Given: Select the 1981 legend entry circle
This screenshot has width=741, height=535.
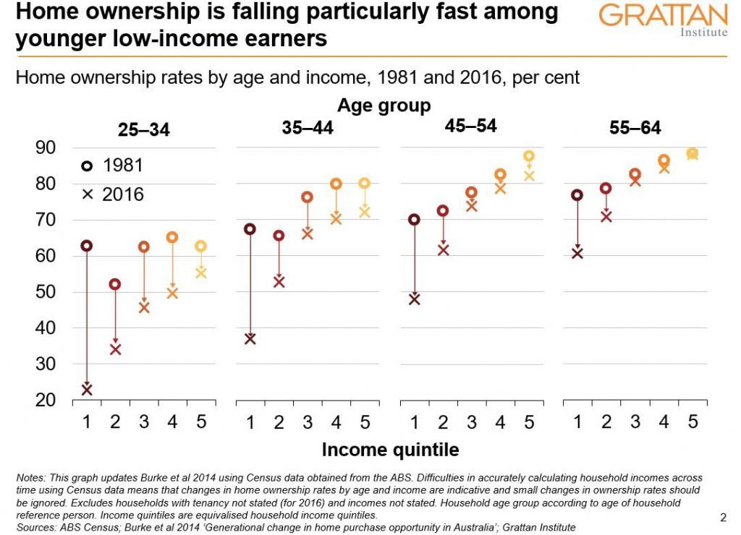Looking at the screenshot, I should pyautogui.click(x=87, y=166).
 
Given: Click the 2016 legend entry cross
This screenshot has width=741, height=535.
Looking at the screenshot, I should pyautogui.click(x=87, y=194).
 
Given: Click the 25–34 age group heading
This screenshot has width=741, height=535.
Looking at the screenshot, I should pyautogui.click(x=143, y=130).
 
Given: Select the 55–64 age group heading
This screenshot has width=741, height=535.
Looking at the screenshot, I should pyautogui.click(x=635, y=129).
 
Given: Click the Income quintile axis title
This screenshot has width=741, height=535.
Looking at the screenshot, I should pyautogui.click(x=390, y=450).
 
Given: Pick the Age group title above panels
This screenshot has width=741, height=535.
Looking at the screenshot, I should pyautogui.click(x=384, y=106).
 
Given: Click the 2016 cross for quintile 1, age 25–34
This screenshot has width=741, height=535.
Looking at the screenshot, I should pyautogui.click(x=87, y=390).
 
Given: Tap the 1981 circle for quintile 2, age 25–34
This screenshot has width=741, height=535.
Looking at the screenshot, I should pyautogui.click(x=115, y=284).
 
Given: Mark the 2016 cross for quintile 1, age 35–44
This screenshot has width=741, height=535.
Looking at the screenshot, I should pyautogui.click(x=250, y=338).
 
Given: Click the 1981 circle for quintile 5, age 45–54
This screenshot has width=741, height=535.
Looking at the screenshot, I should pyautogui.click(x=529, y=156).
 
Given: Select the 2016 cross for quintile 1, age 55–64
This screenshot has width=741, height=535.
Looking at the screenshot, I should pyautogui.click(x=577, y=253).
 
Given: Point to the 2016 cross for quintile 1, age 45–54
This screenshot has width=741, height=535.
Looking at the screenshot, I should pyautogui.click(x=414, y=299).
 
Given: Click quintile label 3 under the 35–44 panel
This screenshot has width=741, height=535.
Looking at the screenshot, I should pyautogui.click(x=308, y=421).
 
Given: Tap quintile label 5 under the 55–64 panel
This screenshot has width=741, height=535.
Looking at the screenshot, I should pyautogui.click(x=693, y=421).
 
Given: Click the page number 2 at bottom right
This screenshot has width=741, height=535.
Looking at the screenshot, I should pyautogui.click(x=723, y=517).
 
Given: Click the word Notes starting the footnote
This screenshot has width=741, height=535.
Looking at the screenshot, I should pyautogui.click(x=30, y=479).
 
